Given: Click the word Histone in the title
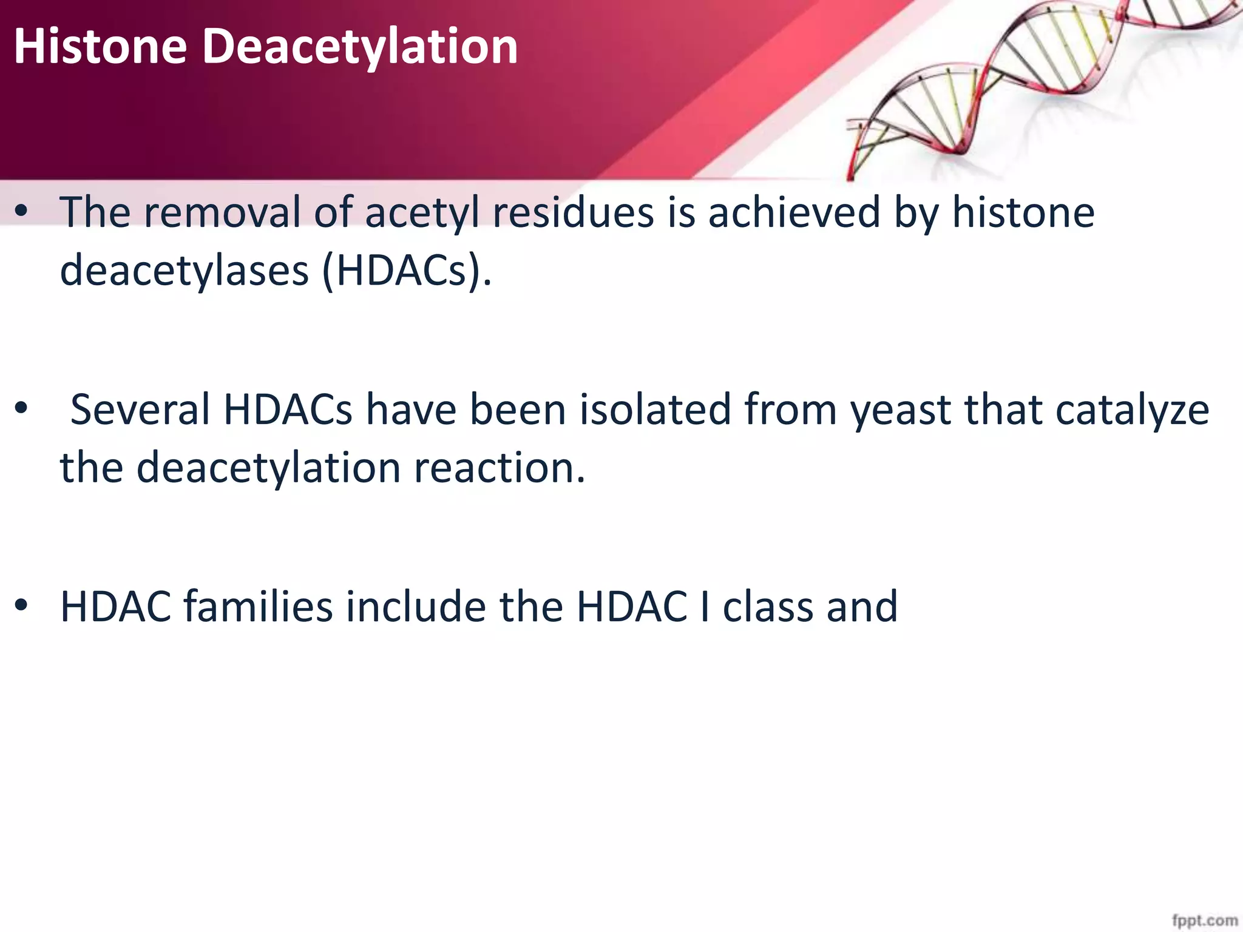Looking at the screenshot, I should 100,47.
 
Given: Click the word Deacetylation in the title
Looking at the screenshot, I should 359,47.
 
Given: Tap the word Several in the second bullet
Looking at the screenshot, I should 140,410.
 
